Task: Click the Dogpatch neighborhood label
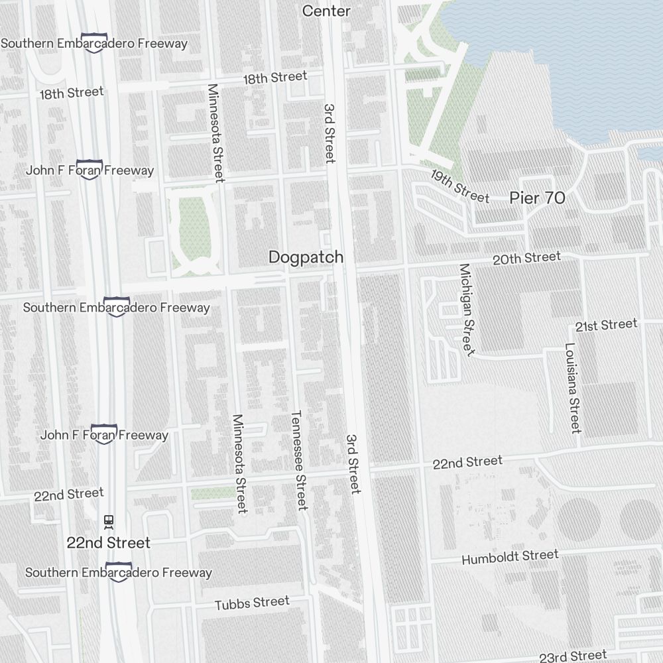tap(306, 257)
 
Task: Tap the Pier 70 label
tap(537, 198)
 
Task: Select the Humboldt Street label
tap(510, 557)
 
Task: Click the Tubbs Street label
tap(252, 603)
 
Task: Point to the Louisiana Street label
tap(573, 388)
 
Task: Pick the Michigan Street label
tap(467, 310)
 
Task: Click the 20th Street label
tap(526, 258)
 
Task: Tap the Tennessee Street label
tap(299, 460)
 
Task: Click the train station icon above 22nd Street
tap(109, 522)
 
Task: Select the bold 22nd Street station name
tap(109, 543)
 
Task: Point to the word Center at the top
tap(326, 11)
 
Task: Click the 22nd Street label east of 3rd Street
tap(467, 462)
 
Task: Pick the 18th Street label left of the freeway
tap(71, 93)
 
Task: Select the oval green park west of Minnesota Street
tap(194, 229)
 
